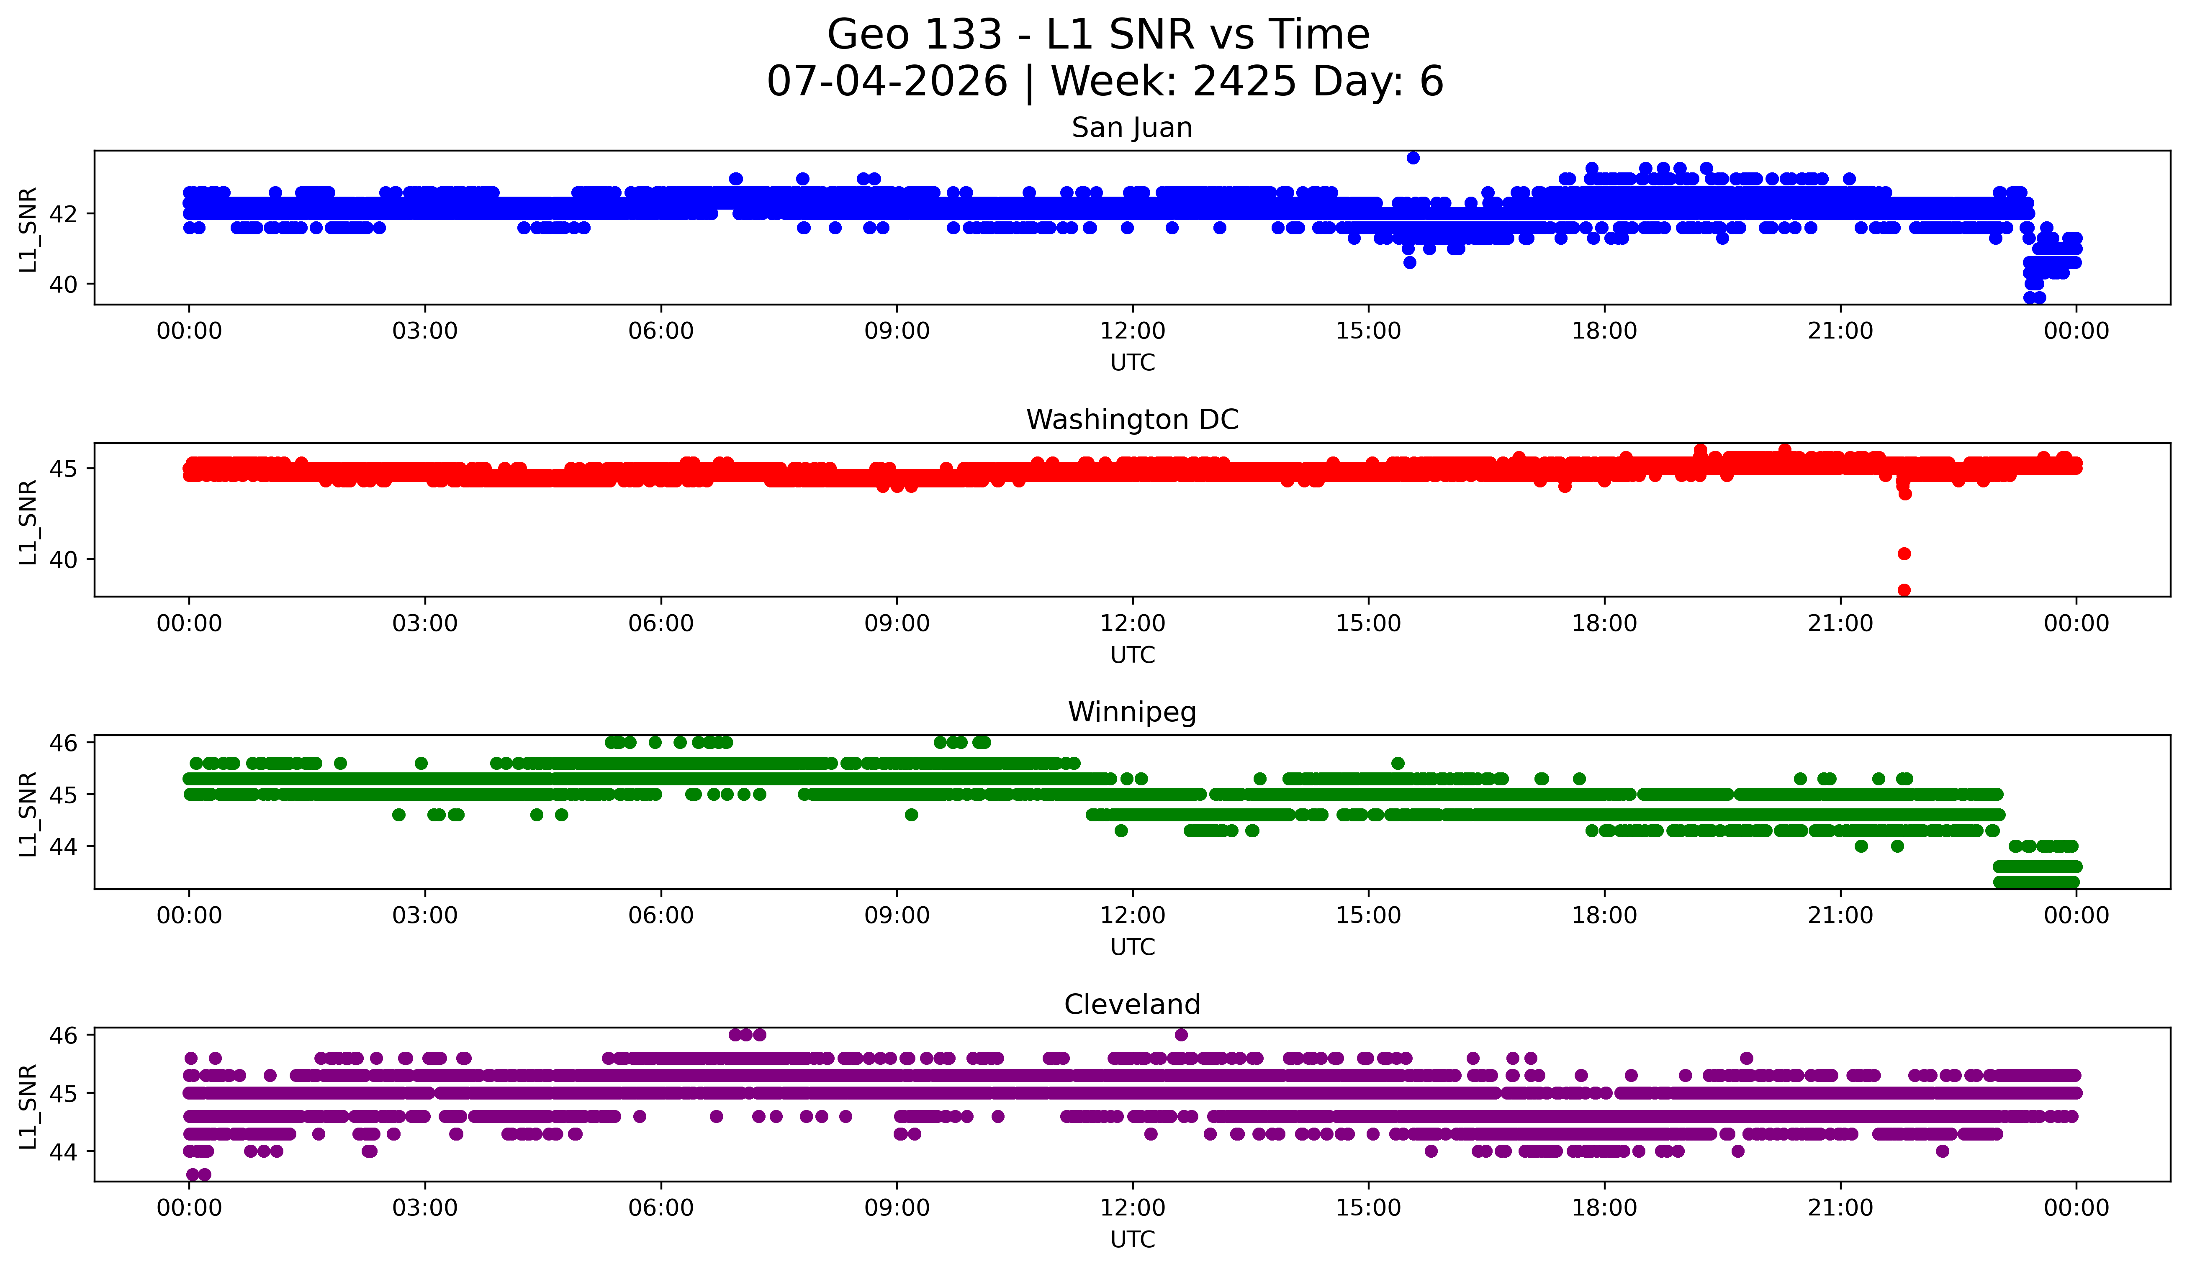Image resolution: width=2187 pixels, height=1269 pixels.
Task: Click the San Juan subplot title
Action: [1132, 128]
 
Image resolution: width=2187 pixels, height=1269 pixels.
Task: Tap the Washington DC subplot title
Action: [1132, 420]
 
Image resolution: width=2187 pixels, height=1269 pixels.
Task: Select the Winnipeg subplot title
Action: [1132, 712]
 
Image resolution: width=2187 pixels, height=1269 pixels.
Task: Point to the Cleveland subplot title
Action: [1132, 1005]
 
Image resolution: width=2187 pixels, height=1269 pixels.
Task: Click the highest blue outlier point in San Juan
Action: [1413, 158]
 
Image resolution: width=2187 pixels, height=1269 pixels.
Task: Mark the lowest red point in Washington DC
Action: [1904, 590]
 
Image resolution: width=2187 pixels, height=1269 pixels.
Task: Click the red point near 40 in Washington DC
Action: [1904, 554]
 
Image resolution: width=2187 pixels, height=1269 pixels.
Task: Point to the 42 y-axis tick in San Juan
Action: [63, 213]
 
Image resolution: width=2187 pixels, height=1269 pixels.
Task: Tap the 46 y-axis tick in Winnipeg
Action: [63, 743]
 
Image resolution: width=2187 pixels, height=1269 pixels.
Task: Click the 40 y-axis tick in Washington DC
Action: [63, 559]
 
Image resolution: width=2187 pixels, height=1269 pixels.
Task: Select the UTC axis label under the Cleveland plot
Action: [1133, 1240]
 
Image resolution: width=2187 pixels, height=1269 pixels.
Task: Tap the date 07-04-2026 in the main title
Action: [887, 82]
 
